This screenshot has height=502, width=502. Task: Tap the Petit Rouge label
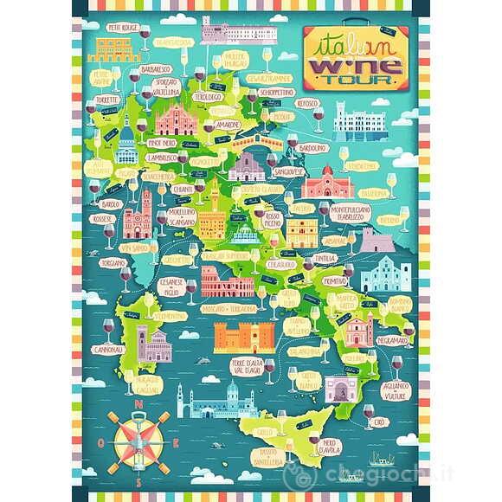tap(121, 27)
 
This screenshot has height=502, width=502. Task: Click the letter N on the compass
tap(138, 402)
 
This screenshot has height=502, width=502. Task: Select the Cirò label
tap(380, 422)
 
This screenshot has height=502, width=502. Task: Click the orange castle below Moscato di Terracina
tap(244, 337)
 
